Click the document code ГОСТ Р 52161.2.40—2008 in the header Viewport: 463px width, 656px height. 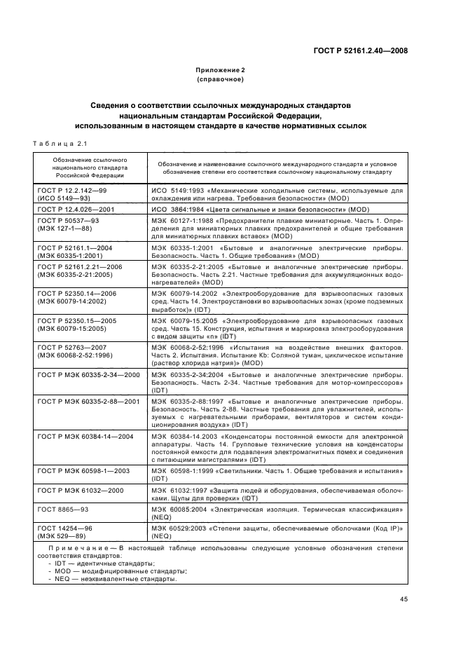[361, 50]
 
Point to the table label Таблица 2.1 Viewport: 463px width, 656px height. [60, 144]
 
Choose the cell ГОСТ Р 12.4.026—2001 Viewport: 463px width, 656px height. [76, 209]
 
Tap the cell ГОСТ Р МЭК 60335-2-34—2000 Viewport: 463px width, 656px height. [88, 375]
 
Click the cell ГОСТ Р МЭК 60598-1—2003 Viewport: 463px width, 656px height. [84, 471]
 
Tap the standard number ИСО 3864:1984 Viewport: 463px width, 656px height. [184, 209]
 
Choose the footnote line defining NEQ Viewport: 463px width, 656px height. [113, 580]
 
